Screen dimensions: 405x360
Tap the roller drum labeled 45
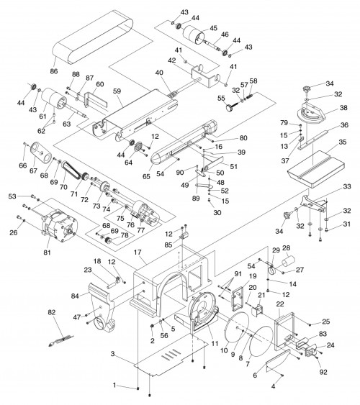(194, 36)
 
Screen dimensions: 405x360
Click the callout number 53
(11, 196)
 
